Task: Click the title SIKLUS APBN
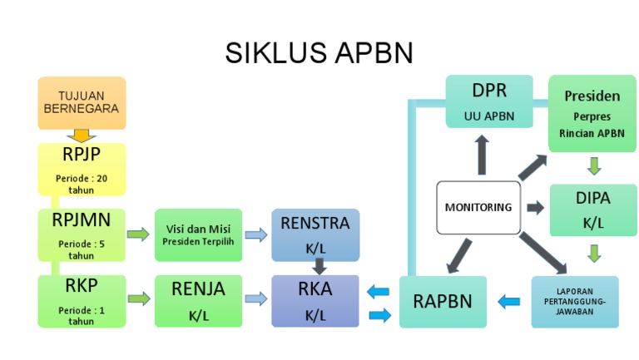(319, 53)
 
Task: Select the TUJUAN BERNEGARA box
(82, 102)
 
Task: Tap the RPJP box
(82, 169)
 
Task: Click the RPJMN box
(82, 234)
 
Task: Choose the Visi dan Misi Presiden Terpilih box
(197, 234)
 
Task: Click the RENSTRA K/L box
(315, 234)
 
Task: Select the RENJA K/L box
(198, 301)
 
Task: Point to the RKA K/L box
(315, 301)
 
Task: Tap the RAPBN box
(443, 301)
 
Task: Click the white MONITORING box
(478, 207)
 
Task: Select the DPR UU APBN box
(488, 101)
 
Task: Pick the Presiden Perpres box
(592, 112)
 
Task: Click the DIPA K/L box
(592, 210)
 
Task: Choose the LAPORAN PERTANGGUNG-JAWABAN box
(575, 301)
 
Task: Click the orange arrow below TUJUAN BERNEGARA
(82, 136)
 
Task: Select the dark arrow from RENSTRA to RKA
(316, 266)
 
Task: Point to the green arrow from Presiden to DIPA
(593, 165)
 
